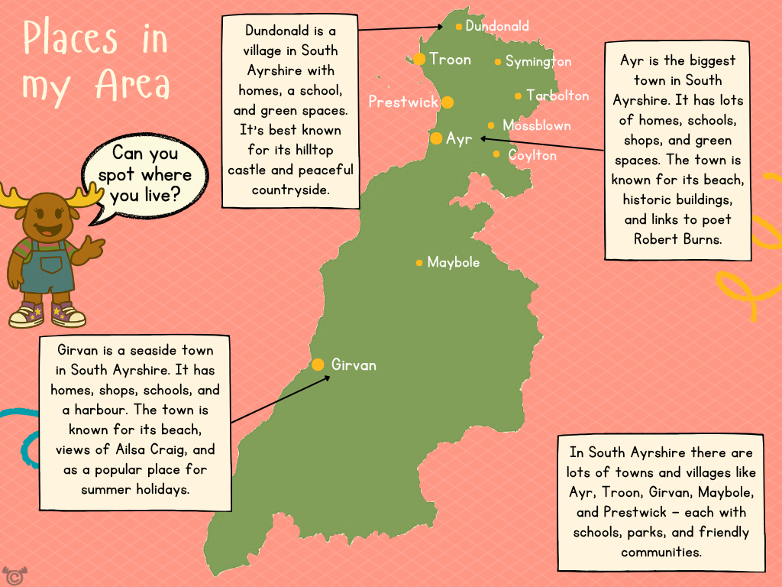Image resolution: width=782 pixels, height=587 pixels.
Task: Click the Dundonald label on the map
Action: point(497,26)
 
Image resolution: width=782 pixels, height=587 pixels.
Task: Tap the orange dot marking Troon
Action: point(419,59)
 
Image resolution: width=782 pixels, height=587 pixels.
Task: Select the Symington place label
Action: point(538,61)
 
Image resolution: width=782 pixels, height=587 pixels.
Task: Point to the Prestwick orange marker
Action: point(448,102)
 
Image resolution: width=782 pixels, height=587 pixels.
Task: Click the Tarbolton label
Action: point(557,96)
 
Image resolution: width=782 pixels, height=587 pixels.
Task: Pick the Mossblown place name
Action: point(536,125)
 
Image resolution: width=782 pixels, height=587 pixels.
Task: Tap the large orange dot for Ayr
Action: point(436,138)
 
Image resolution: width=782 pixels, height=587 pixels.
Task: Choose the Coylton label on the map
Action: point(532,155)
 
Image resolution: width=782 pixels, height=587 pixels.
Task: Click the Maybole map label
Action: point(454,262)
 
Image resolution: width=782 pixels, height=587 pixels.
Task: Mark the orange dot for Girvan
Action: point(318,365)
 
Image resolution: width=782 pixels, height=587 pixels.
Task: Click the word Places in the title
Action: point(70,38)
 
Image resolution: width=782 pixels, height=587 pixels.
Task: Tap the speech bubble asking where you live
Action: point(145,175)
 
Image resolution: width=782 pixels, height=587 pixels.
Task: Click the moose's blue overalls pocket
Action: point(51,264)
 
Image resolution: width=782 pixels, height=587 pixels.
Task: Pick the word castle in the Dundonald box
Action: point(263,170)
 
